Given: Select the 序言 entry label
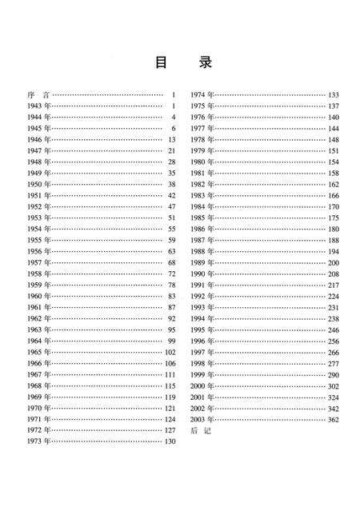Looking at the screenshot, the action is point(36,95).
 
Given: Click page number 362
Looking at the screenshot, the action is point(333,419).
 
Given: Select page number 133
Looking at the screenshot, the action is point(333,95).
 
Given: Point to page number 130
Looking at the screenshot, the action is point(169,441).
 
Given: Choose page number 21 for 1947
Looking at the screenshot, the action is point(171,150).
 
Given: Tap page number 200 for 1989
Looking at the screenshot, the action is point(333,262).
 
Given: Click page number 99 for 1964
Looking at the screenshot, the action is point(171,341).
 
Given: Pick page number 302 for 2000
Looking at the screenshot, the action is point(333,385).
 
